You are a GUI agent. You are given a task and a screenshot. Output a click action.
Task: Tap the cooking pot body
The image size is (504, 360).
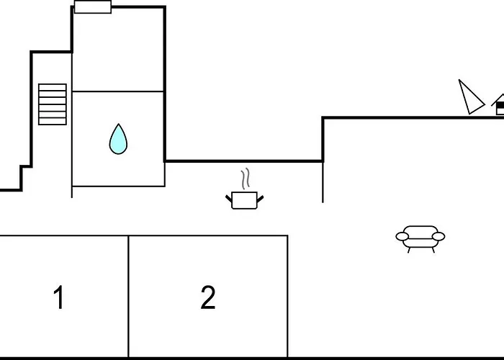point(244,201)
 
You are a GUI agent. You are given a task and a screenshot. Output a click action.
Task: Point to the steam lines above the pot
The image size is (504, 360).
point(246,179)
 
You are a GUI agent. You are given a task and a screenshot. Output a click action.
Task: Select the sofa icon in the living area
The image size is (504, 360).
point(420,239)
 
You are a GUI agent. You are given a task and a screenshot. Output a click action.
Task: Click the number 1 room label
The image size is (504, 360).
point(59,297)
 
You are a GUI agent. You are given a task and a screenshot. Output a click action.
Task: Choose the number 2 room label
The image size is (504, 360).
point(208,297)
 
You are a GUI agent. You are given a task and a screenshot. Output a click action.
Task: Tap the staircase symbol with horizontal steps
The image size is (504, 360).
point(53,104)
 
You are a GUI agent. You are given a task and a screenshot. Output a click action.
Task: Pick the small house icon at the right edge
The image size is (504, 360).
point(498,104)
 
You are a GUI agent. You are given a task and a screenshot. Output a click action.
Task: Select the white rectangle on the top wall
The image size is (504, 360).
point(93,7)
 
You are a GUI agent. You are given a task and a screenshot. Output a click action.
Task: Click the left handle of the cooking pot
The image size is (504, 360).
point(228,198)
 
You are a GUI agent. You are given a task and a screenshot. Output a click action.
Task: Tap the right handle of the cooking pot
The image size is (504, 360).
point(261,199)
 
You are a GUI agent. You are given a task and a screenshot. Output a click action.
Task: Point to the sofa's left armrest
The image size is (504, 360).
point(402,237)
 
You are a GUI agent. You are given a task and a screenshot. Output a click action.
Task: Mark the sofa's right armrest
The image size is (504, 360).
point(438,237)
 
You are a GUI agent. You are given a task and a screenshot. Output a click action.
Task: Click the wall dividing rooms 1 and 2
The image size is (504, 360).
point(129,297)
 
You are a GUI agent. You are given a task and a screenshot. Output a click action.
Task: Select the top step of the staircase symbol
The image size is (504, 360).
point(53,87)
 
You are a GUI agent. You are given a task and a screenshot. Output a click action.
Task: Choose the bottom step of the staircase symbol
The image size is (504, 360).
point(53,122)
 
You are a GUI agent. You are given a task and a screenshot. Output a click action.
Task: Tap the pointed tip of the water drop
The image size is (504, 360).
point(119,124)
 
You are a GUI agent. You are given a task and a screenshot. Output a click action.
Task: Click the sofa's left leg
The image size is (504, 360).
point(409,250)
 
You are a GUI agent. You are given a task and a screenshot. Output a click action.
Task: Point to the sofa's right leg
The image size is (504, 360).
point(433,250)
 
